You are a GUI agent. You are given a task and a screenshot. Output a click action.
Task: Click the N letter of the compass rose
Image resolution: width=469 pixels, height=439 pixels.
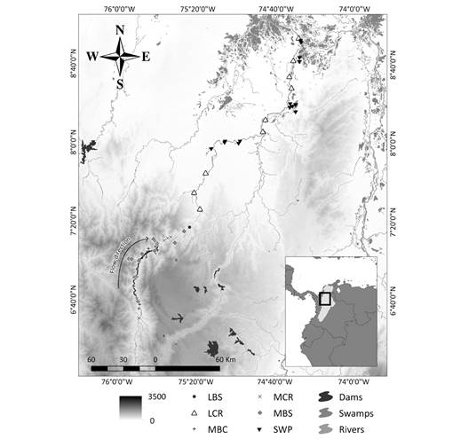pyautogui.click(x=121, y=31)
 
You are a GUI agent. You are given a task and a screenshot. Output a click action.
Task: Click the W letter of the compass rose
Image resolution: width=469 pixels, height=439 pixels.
pyautogui.click(x=91, y=56)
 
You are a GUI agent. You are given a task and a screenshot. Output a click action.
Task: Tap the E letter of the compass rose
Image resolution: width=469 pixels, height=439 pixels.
pyautogui.click(x=147, y=56)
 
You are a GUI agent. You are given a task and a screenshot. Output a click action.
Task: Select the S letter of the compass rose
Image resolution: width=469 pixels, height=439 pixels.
pyautogui.click(x=119, y=83)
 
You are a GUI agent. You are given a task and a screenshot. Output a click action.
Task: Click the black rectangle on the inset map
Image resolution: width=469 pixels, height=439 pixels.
pyautogui.click(x=325, y=300)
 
